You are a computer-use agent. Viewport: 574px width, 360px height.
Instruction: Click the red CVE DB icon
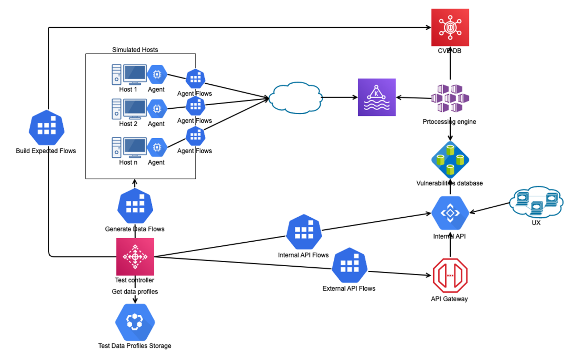pyautogui.click(x=450, y=27)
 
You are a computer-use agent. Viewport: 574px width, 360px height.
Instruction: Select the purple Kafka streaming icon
pyautogui.click(x=377, y=97)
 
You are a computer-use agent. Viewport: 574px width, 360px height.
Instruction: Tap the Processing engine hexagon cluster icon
pyautogui.click(x=450, y=98)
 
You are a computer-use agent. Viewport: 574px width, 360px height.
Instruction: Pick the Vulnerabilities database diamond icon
pyautogui.click(x=450, y=159)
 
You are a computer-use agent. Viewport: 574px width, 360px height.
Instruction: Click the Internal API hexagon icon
pyautogui.click(x=450, y=213)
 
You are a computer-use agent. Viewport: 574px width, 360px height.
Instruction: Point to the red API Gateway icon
pyautogui.click(x=450, y=275)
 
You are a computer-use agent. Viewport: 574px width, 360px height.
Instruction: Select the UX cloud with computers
pyautogui.click(x=536, y=202)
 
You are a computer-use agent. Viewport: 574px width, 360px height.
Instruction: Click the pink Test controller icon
pyautogui.click(x=135, y=257)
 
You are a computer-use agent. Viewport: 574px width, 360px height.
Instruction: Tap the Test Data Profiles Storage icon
pyautogui.click(x=135, y=322)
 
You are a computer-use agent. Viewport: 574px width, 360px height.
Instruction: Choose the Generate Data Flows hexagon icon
pyautogui.click(x=135, y=206)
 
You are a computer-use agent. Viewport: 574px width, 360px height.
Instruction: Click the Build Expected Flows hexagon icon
pyautogui.click(x=47, y=128)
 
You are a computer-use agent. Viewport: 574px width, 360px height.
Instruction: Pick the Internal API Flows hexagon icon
pyautogui.click(x=304, y=232)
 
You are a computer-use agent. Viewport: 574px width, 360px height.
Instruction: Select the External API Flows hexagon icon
pyautogui.click(x=349, y=265)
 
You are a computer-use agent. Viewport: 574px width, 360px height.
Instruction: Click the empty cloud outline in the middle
pyautogui.click(x=296, y=98)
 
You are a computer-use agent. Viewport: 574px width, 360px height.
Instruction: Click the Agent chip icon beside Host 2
pyautogui.click(x=157, y=109)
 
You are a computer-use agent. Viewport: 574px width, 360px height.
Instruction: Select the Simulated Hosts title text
pyautogui.click(x=135, y=50)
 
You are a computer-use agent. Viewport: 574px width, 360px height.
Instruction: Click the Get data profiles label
pyautogui.click(x=135, y=292)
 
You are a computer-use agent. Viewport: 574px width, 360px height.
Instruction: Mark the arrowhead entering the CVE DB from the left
pyautogui.click(x=429, y=27)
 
